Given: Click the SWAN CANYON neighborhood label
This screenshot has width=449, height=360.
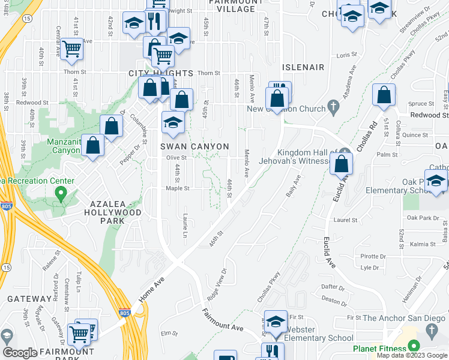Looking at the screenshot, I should pyautogui.click(x=194, y=146).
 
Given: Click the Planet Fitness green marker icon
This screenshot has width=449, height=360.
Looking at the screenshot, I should pyautogui.click(x=413, y=347).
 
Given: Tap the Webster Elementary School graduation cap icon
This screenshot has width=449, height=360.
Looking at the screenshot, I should pyautogui.click(x=276, y=321).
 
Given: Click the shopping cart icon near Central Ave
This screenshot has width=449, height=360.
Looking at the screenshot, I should pyautogui.click(x=72, y=48).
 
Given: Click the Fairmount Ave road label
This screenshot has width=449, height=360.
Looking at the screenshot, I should pyautogui.click(x=222, y=319).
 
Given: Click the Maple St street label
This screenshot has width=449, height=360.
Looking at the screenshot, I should pyautogui.click(x=178, y=188).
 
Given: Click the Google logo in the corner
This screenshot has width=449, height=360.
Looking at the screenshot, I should pyautogui.click(x=20, y=353).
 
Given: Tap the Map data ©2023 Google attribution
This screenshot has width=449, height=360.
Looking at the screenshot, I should pyautogui.click(x=412, y=355).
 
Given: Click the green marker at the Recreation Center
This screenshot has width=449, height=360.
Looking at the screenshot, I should pyautogui.click(x=60, y=193).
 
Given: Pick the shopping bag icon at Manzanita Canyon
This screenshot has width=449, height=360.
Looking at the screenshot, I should pyautogui.click(x=92, y=145).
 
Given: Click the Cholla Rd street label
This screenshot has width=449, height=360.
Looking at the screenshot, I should pyautogui.click(x=373, y=136).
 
